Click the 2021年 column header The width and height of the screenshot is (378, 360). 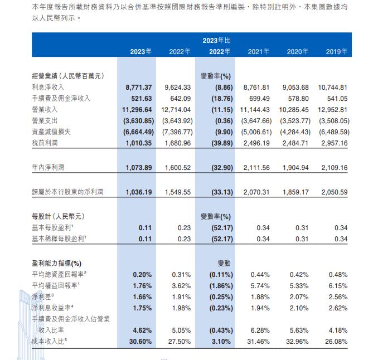coord(259,52)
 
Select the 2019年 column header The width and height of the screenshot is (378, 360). coord(337,52)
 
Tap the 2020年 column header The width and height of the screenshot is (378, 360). coord(298,52)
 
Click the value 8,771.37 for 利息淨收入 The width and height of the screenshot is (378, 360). coord(139,87)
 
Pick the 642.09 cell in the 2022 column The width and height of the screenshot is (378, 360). coord(181,99)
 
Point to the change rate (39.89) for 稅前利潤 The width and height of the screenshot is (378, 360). coord(222,143)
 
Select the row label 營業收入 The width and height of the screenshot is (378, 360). coord(45,109)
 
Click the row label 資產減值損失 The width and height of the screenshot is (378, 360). coord(51,132)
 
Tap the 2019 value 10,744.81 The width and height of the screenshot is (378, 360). coord(333,87)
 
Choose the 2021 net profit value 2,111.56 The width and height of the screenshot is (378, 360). coord(256,168)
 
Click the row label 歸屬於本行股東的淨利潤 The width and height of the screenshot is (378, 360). coord(67,192)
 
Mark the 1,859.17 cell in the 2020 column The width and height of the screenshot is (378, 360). coord(295,192)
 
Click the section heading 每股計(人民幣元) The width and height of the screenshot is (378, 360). coord(59,216)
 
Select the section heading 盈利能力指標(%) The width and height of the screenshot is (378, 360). coord(57,264)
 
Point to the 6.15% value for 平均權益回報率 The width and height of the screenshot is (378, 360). coord(338,286)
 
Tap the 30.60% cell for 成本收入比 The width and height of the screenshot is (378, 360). coord(140,342)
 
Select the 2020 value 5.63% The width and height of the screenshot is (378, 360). coord(299,330)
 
